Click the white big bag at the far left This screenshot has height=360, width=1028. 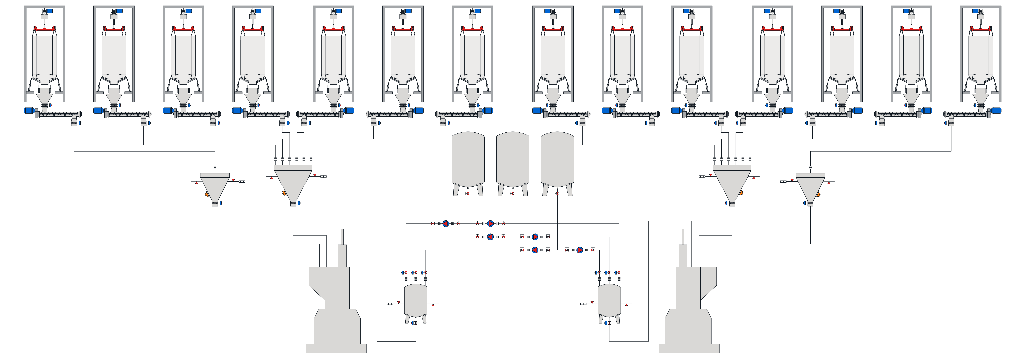[x=44, y=56]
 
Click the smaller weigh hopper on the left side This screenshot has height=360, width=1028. [x=215, y=186]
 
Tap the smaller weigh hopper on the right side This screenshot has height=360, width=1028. [x=810, y=186]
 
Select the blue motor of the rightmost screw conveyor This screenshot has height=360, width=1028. [x=997, y=111]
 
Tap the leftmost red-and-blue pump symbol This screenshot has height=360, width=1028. [x=446, y=223]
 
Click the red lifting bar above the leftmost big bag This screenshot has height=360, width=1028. [x=44, y=29]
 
